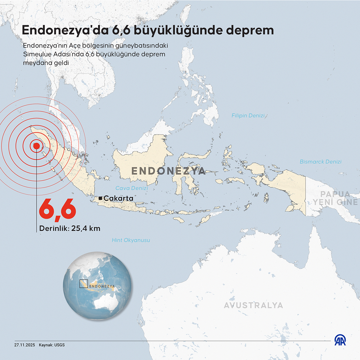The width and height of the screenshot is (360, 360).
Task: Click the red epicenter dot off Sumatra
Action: (x=36, y=146)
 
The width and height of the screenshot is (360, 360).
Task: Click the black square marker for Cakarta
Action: (x=101, y=198)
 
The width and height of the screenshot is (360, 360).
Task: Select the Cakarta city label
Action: (x=118, y=198)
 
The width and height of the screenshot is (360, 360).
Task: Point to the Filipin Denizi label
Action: (x=248, y=115)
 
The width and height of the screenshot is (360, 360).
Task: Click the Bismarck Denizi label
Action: (x=320, y=162)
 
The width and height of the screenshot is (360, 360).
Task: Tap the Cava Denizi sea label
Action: (x=131, y=188)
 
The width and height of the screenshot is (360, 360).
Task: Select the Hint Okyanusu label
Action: (x=131, y=240)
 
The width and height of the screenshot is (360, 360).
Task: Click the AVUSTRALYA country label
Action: (x=253, y=305)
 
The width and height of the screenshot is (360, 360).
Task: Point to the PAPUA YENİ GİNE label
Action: (x=335, y=198)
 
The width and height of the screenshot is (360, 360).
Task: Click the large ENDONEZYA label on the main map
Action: (x=168, y=171)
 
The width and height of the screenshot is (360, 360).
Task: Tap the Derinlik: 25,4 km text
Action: (x=70, y=229)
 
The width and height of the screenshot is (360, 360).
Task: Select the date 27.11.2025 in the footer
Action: (x=24, y=345)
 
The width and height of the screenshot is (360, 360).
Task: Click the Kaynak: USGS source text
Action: (x=52, y=345)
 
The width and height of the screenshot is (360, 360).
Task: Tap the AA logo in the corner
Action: (x=340, y=340)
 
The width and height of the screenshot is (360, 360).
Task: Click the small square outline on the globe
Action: (x=84, y=284)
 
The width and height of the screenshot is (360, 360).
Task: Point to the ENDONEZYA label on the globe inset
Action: (x=102, y=286)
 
